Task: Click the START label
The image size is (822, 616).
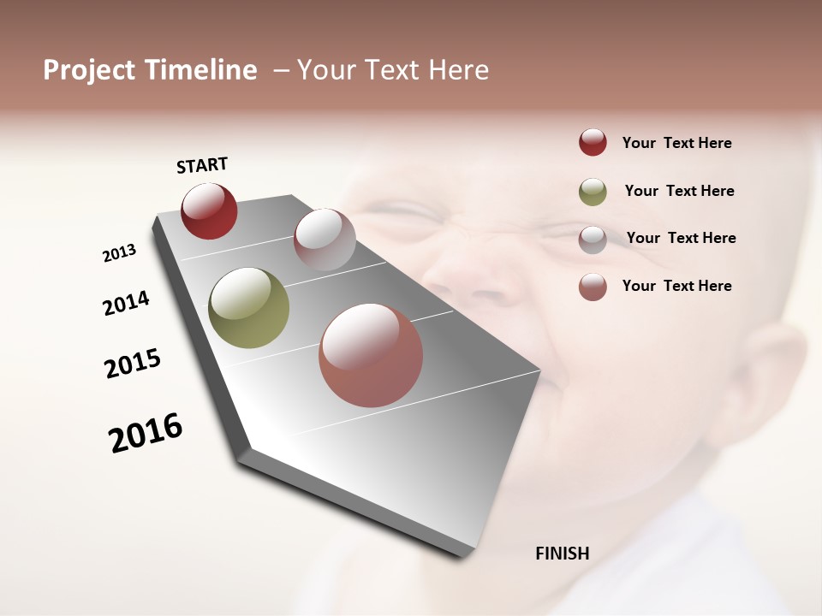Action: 202,165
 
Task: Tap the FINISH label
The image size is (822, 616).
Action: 562,554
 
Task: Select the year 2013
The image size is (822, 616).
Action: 119,252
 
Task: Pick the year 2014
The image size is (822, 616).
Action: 126,303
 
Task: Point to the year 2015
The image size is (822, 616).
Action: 133,364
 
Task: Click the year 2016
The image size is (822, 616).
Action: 146,432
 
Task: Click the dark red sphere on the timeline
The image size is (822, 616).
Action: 209,210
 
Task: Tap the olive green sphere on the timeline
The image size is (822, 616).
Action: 248,308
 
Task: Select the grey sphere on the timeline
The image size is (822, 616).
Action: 325,240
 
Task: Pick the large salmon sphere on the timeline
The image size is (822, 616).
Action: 371,355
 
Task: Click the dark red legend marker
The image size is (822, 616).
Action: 593,143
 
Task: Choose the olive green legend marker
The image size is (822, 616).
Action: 593,192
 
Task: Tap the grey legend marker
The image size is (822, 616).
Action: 593,240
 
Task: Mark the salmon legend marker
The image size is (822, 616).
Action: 593,287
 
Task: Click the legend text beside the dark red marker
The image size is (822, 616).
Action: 676,143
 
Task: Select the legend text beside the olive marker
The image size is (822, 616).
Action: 679,191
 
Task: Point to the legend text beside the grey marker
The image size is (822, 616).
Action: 681,238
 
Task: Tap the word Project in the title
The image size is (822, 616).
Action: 89,70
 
